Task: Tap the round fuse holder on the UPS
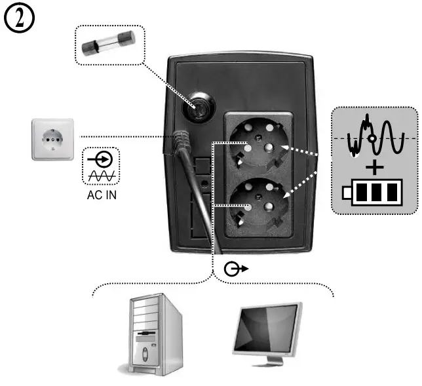tap(199, 106)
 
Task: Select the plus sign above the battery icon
tap(374, 168)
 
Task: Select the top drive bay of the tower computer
tap(146, 309)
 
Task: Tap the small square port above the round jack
tap(203, 164)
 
